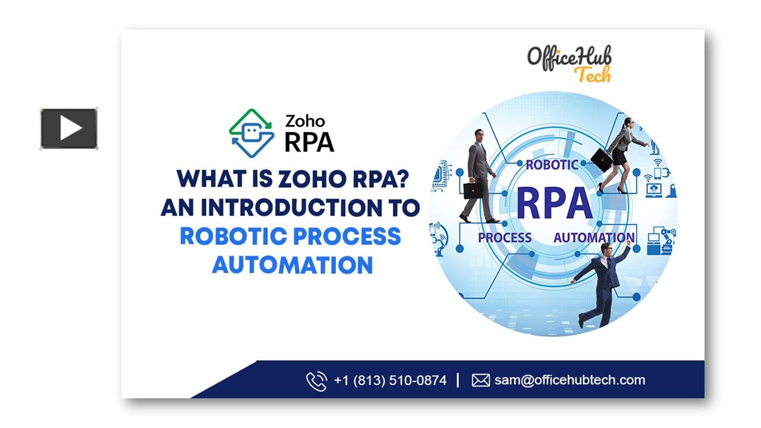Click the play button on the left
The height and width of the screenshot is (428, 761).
coord(69,128)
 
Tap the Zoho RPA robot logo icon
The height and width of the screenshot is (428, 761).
coord(251,133)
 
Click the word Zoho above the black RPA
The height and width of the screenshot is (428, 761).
coord(305,121)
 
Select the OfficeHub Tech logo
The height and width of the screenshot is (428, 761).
coord(570,64)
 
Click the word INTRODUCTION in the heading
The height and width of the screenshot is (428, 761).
coord(291,207)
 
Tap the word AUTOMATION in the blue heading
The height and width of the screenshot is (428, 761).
coord(293,265)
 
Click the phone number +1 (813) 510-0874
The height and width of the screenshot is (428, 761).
coord(390,380)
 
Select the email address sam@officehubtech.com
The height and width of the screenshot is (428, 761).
coord(570,380)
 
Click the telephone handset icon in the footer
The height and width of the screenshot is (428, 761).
coord(317,381)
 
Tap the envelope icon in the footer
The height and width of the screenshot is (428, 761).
coord(481,380)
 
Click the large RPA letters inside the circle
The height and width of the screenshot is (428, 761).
coord(555,204)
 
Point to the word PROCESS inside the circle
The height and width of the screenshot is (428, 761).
coord(505,238)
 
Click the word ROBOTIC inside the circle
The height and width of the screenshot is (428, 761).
coord(552,165)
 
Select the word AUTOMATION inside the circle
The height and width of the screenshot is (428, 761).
coord(594,238)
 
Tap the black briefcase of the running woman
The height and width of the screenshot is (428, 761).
coord(601,160)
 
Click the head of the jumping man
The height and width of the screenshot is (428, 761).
coord(605,250)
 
